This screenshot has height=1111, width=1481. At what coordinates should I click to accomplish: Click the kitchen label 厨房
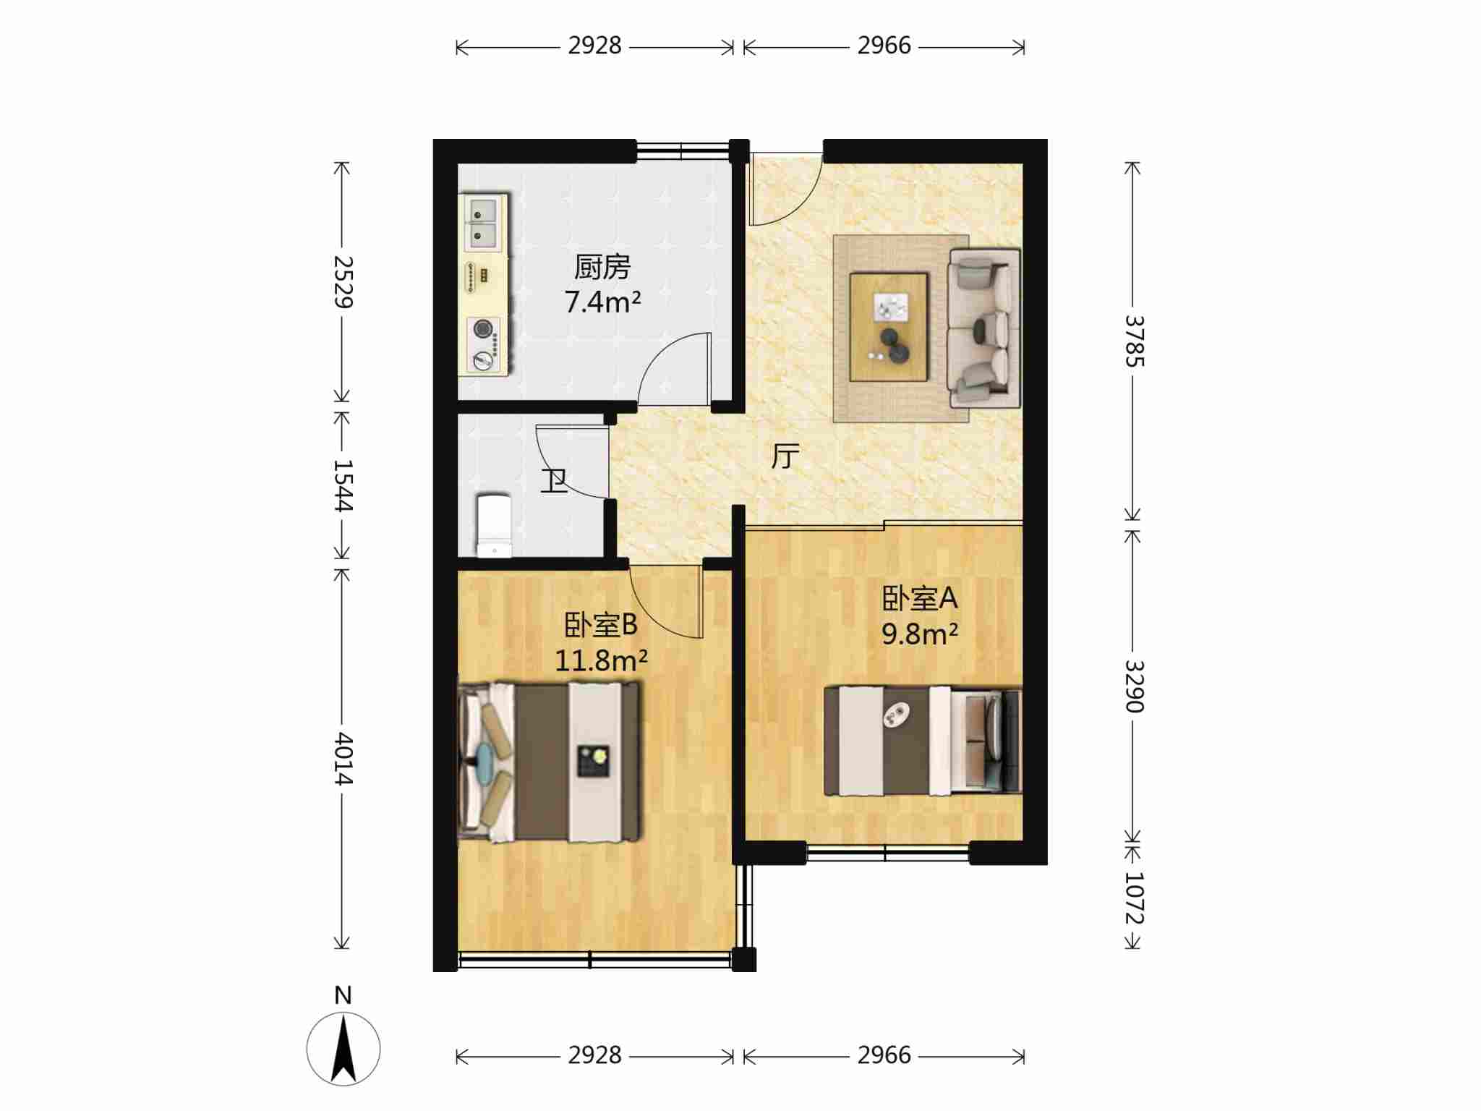point(602,267)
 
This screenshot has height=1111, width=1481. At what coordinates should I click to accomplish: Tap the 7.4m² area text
point(602,302)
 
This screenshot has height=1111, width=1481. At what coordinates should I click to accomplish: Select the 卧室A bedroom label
point(919,598)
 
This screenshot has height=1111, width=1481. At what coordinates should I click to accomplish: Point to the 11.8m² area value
point(601,660)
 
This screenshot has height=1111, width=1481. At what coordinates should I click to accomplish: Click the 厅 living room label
point(785,456)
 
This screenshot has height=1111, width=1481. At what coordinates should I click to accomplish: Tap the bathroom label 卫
point(555,481)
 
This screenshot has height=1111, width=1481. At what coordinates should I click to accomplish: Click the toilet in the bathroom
point(495,526)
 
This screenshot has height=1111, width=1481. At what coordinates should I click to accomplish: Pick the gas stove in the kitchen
point(484,345)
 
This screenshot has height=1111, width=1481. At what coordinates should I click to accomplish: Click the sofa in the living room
point(984,327)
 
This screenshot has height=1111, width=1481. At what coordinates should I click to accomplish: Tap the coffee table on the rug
point(889,326)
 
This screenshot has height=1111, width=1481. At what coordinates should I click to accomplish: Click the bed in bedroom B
point(549,762)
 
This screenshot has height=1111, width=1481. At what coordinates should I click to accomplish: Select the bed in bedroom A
point(923,741)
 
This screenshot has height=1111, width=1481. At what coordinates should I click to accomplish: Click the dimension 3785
point(1134,341)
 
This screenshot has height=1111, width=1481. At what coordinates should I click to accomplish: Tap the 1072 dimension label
point(1134,898)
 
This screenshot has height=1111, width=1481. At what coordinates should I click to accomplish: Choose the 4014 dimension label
point(343,759)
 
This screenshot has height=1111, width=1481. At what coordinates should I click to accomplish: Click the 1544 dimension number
point(343,485)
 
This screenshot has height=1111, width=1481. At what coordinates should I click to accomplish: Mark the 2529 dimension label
point(343,282)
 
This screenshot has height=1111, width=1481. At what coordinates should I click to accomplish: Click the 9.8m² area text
point(920,634)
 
